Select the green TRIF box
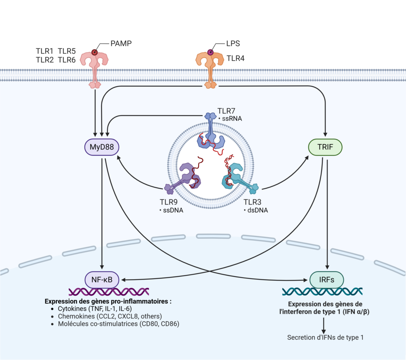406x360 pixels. [325, 148]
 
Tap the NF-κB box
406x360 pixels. [102, 280]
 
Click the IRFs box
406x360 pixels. [326, 280]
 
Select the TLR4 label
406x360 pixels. [236, 59]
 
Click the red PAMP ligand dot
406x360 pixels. [94, 52]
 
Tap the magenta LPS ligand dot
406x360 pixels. [210, 52]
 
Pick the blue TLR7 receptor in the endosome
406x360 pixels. [210, 133]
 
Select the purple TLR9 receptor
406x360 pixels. [186, 176]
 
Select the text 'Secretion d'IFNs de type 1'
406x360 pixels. [325, 338]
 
